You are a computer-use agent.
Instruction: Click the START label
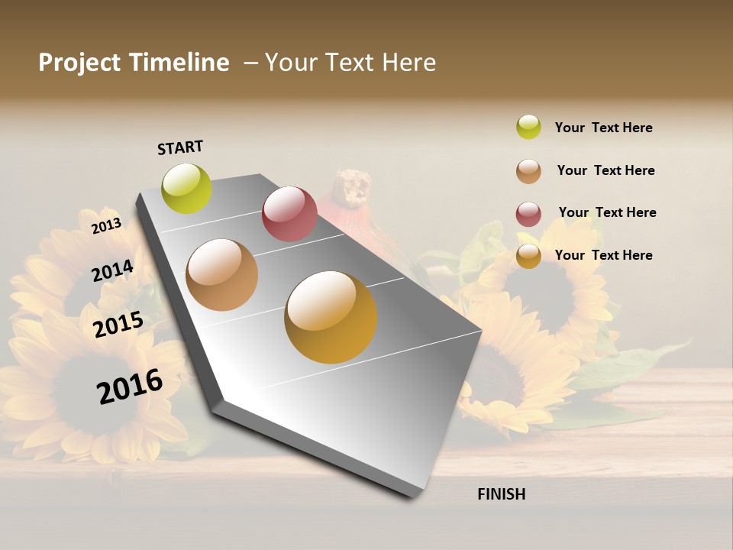(x=180, y=147)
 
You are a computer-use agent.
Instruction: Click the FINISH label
(x=501, y=494)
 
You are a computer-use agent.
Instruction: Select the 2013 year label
(x=106, y=226)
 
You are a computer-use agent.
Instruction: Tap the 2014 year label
(x=112, y=271)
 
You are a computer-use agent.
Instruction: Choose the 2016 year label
(x=130, y=386)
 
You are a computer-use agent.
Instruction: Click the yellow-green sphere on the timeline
(x=187, y=189)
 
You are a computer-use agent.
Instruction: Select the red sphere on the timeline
(x=289, y=214)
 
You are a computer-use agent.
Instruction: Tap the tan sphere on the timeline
(x=222, y=275)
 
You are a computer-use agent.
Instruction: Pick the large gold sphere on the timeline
(x=331, y=317)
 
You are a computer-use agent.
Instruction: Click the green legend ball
(x=528, y=127)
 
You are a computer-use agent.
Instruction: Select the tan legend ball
(x=528, y=170)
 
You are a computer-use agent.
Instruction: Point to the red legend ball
(x=528, y=213)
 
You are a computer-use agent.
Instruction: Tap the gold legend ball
(x=528, y=256)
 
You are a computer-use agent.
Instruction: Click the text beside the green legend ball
(x=603, y=128)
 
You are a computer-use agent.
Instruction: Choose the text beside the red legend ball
(x=607, y=212)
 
